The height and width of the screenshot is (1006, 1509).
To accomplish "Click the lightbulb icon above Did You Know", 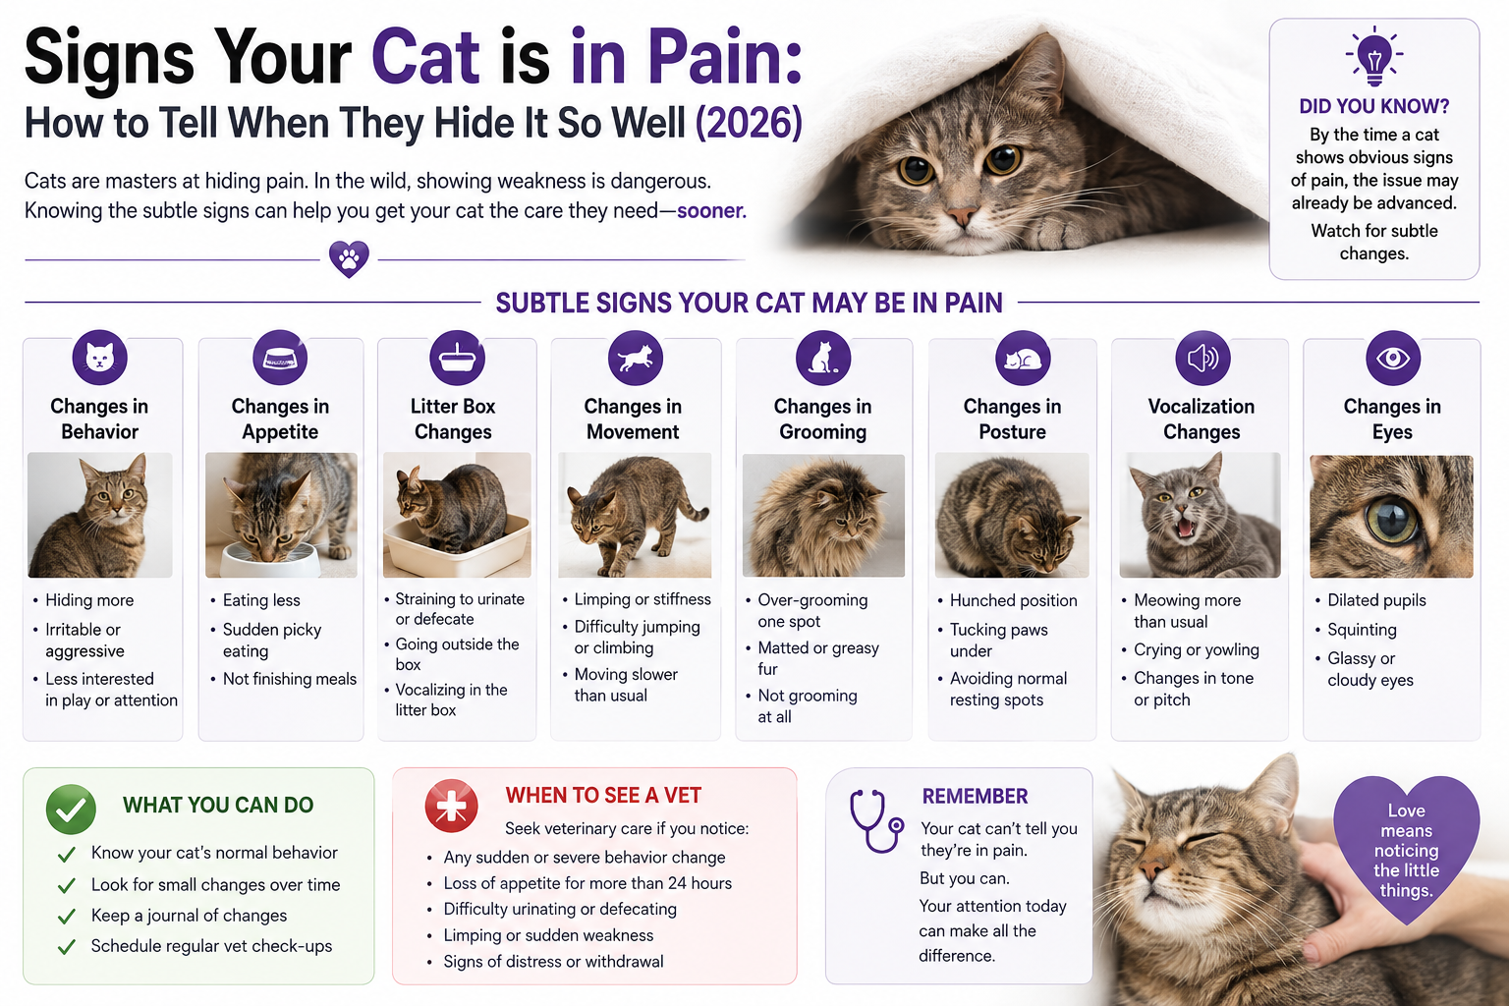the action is pyautogui.click(x=1374, y=57).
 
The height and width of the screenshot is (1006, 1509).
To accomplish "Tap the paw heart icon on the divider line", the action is pyautogui.click(x=349, y=258).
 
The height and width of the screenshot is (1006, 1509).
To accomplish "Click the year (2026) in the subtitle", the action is pyautogui.click(x=750, y=123).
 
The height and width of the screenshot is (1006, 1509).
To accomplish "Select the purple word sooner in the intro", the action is pyautogui.click(x=711, y=211).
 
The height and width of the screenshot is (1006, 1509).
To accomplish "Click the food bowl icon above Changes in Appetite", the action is pyautogui.click(x=280, y=358).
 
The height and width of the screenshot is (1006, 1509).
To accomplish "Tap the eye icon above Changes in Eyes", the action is pyautogui.click(x=1392, y=358).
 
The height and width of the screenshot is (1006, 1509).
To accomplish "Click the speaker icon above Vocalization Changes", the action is pyautogui.click(x=1202, y=358).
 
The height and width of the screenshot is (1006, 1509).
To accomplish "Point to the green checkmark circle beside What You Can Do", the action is pyautogui.click(x=71, y=809).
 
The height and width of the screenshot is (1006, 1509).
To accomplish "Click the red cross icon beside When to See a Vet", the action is pyautogui.click(x=451, y=806).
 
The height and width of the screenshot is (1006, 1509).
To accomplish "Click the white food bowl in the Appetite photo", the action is pyautogui.click(x=271, y=559).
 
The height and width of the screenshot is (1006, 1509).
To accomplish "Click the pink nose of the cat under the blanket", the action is pyautogui.click(x=962, y=216).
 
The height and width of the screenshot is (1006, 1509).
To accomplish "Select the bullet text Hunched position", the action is pyautogui.click(x=1013, y=600).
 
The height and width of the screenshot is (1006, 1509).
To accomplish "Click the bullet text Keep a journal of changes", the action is pyautogui.click(x=190, y=916).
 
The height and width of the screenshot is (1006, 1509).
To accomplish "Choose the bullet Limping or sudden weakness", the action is pyautogui.click(x=548, y=935).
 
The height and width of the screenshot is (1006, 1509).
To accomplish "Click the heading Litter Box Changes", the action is pyautogui.click(x=453, y=419).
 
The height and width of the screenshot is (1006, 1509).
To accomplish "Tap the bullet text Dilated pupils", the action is pyautogui.click(x=1376, y=600).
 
